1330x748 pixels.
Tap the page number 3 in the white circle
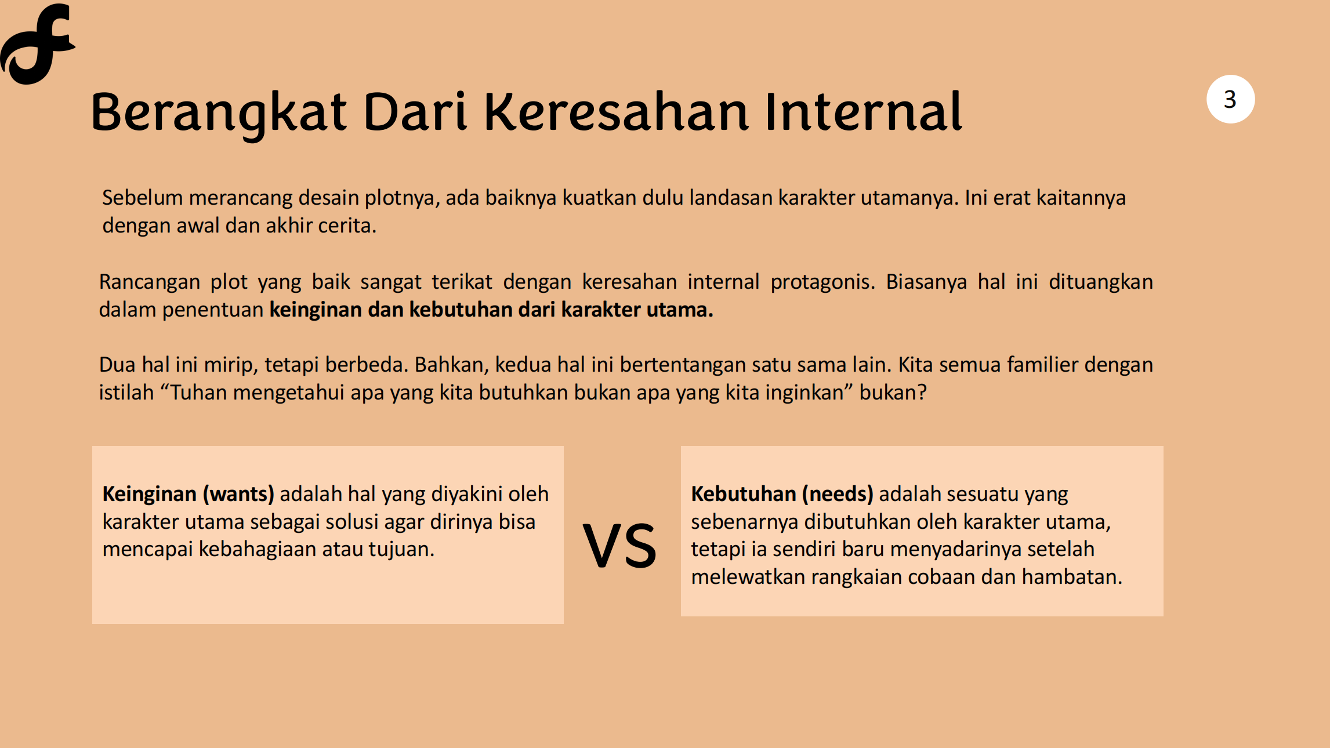click(1230, 99)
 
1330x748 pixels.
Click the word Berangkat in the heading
click(219, 113)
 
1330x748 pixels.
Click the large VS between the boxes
click(619, 545)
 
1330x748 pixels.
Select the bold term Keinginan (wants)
click(188, 494)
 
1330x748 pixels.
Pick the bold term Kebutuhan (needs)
click(782, 494)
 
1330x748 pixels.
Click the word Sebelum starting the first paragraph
click(143, 198)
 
